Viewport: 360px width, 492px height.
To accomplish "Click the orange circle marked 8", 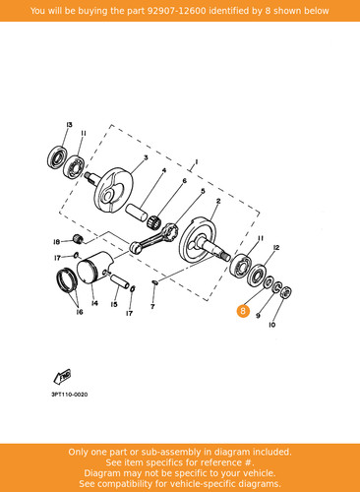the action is click(243, 310).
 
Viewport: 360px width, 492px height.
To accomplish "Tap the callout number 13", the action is click(69, 125).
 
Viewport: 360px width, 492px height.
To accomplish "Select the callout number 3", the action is click(146, 157).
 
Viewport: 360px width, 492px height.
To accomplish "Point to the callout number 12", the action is click(276, 247).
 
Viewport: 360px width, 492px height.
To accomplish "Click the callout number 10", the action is click(271, 325).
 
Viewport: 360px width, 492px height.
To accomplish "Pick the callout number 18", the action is click(56, 242).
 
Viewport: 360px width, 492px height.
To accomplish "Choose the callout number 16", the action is click(80, 312).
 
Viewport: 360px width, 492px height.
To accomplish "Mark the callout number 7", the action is click(152, 307).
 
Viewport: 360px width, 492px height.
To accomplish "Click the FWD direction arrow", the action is click(62, 377).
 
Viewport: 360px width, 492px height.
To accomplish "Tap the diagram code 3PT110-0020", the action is click(70, 395).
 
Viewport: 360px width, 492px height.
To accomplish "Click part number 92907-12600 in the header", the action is click(176, 11).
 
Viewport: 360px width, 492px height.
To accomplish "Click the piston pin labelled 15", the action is click(120, 281).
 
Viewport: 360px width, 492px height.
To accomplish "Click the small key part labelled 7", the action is click(155, 282).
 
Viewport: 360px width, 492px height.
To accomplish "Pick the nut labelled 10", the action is click(286, 292).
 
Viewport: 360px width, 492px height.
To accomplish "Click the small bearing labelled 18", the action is click(78, 239).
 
